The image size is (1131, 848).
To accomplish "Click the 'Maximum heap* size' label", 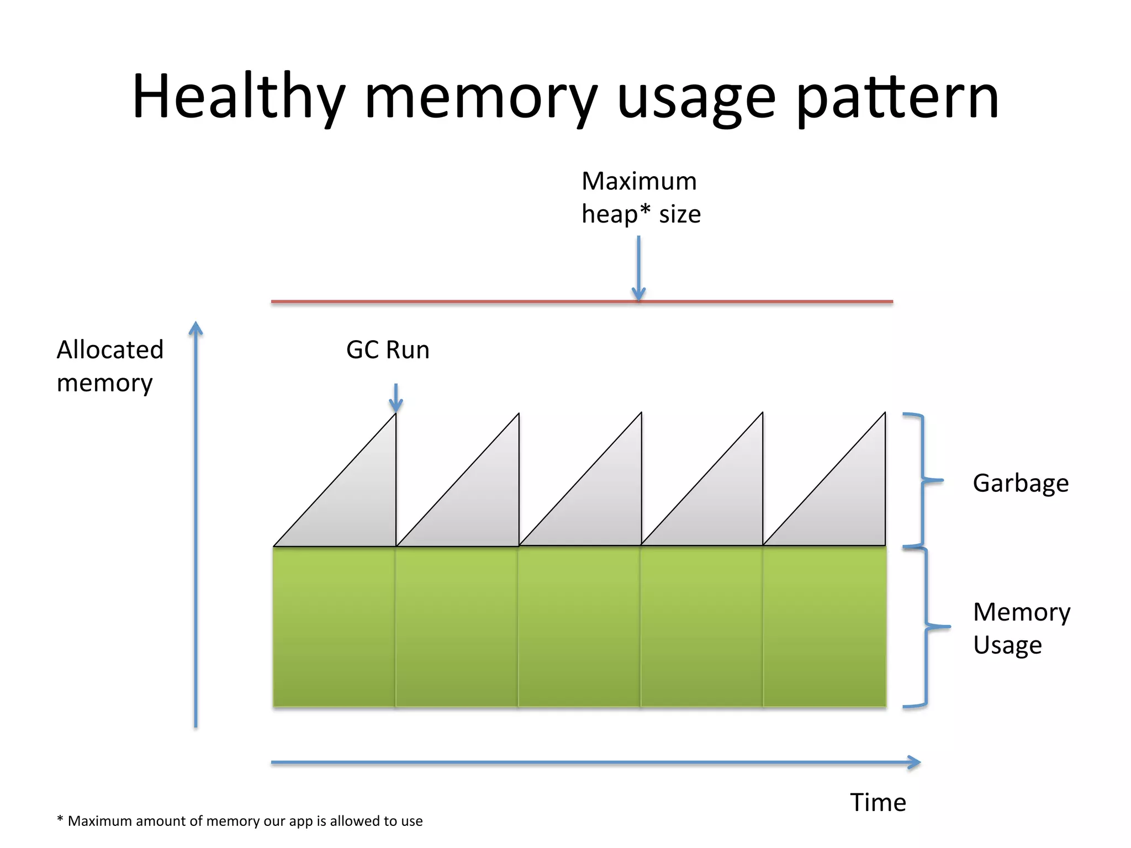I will [x=641, y=198].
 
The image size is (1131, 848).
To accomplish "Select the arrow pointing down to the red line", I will [x=638, y=268].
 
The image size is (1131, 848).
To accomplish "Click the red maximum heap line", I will [x=442, y=301].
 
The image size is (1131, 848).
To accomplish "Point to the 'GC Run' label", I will [x=388, y=350].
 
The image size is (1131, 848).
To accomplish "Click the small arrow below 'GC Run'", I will [x=396, y=397].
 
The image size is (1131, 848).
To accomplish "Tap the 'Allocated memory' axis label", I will [x=110, y=366].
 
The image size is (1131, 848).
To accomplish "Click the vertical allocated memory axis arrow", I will [x=196, y=524].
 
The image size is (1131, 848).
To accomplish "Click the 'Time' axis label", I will [x=878, y=802].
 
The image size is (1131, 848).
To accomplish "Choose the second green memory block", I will [x=457, y=627].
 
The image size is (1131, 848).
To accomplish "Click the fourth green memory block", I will [x=702, y=627].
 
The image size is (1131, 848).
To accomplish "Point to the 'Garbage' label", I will [x=1021, y=483].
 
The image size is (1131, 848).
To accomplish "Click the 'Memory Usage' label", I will [x=1021, y=628].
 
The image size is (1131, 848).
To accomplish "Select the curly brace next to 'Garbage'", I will [x=923, y=480].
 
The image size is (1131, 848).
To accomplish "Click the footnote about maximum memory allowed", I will [x=240, y=821].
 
